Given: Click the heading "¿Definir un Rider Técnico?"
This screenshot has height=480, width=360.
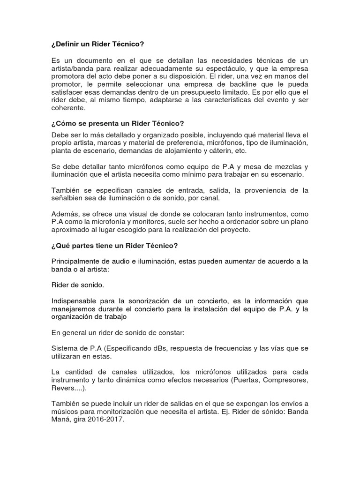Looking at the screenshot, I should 97,44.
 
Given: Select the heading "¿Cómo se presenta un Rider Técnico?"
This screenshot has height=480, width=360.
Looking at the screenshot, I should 118,123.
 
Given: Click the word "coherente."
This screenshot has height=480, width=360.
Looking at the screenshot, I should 69,108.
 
